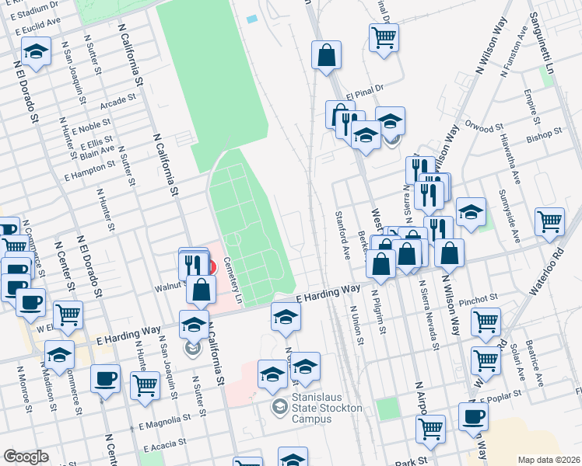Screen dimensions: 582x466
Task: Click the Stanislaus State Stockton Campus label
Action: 311,412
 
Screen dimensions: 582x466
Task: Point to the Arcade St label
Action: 119,100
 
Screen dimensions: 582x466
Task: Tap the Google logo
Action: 26,457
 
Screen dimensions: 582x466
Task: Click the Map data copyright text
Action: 549,460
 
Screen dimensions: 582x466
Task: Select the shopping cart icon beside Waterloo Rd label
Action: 549,221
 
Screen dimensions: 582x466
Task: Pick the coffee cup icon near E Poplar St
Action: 473,416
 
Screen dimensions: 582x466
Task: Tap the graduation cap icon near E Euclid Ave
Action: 35,52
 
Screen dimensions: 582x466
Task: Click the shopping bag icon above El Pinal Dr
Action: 326,54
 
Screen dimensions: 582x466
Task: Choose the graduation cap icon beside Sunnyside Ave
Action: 471,211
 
